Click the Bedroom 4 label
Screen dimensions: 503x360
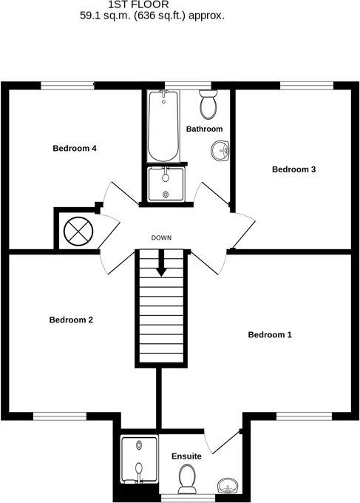75,148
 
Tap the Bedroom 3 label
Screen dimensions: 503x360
293,169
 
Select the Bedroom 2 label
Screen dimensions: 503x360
71,320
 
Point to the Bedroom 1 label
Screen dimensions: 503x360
270,335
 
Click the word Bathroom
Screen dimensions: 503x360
204,129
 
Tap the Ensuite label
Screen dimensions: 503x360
186,456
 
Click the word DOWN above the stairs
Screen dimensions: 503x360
161,237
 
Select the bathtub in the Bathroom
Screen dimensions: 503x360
163,126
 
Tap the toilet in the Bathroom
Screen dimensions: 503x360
208,106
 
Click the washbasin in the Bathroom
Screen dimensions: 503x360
220,151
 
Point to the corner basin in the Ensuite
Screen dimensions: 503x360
227,485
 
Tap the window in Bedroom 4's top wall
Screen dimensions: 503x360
67,84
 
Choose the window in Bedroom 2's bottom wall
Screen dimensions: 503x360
58,416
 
